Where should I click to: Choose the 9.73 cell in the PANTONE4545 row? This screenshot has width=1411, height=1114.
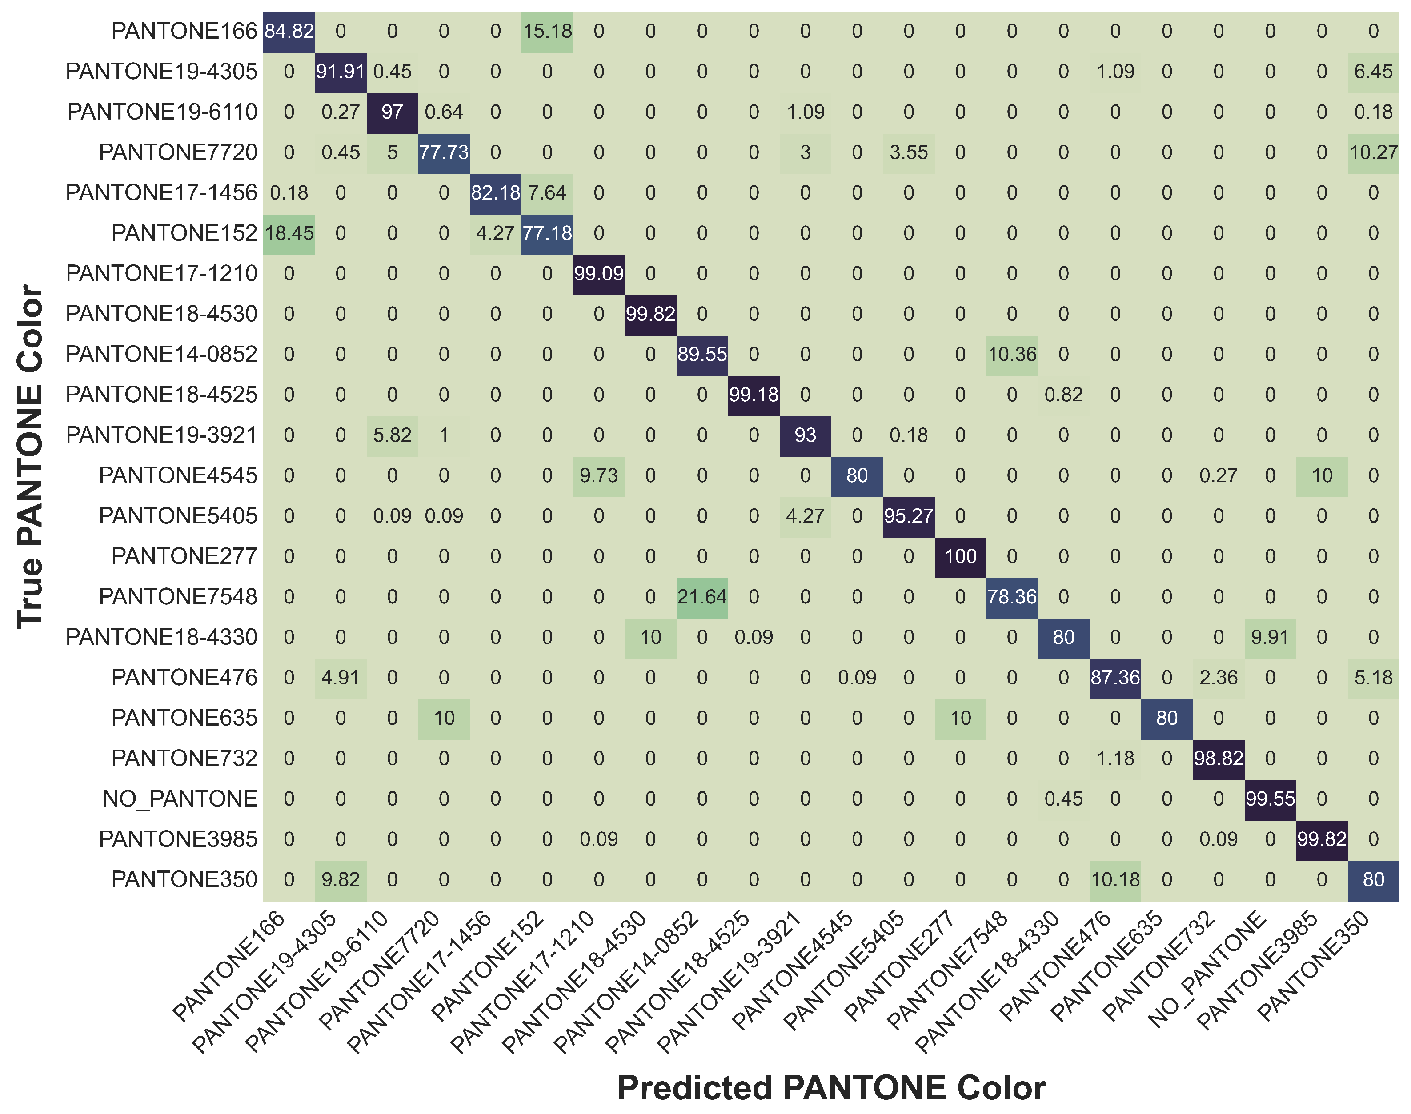click(599, 476)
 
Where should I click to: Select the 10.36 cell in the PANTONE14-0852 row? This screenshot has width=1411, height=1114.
click(1012, 355)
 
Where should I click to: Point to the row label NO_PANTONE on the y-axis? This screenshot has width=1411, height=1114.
click(180, 799)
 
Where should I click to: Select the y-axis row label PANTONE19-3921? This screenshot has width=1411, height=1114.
click(162, 435)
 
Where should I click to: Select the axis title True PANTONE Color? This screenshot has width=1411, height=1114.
click(30, 456)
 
